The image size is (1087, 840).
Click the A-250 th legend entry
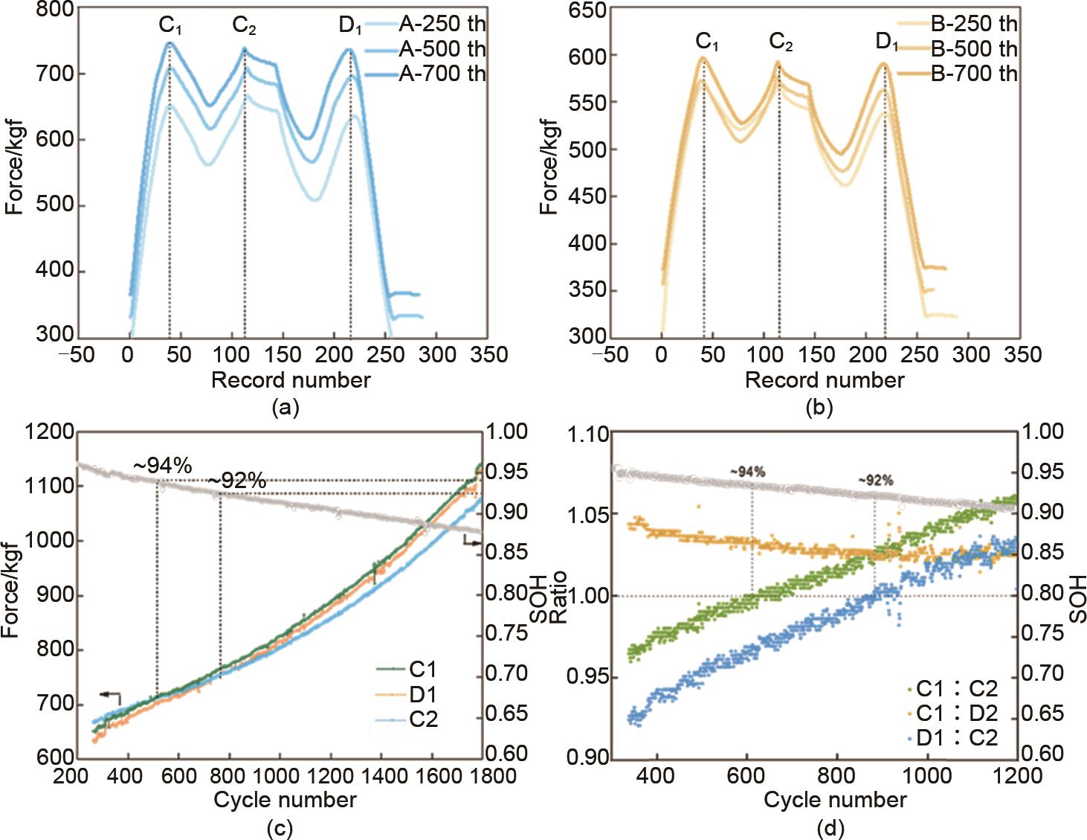pos(442,24)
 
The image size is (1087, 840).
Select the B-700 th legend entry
pos(973,73)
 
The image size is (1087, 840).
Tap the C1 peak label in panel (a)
pos(170,26)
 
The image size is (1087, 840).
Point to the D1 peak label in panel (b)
pos(886,42)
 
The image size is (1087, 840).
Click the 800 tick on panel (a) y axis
pos(55,10)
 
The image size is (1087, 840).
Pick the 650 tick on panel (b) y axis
pos(587,10)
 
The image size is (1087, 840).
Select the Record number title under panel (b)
pos(825,380)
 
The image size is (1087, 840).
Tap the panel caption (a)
pos(286,407)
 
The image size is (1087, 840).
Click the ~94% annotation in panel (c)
pos(163,466)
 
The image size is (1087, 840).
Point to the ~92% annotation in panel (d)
pos(875,481)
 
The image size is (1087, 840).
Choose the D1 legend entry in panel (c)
pos(422,695)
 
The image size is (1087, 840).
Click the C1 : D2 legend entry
pos(956,714)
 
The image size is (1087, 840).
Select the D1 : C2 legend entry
pos(956,738)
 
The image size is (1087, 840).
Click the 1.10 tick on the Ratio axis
pos(588,433)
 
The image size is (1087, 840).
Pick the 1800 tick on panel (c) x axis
pos(492,776)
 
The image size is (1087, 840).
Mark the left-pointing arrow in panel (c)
pos(110,695)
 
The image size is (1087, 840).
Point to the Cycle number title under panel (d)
pos(835,801)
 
